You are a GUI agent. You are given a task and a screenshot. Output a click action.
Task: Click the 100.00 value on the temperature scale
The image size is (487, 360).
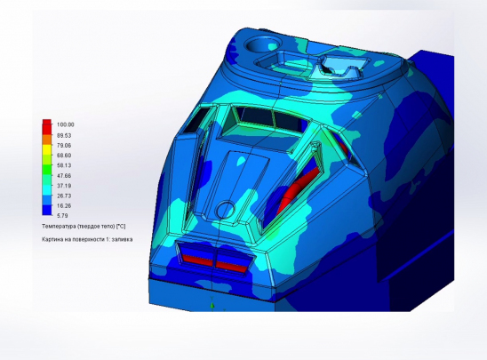(65, 124)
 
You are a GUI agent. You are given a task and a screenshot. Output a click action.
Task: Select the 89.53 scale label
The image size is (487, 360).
(64, 135)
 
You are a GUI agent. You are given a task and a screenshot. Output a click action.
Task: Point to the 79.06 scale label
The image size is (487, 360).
(64, 146)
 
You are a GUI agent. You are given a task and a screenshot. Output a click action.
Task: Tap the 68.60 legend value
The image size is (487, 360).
(64, 156)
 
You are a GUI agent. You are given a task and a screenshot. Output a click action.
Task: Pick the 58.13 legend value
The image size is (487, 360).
(64, 165)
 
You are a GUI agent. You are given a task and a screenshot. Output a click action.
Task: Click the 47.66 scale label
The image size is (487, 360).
(64, 176)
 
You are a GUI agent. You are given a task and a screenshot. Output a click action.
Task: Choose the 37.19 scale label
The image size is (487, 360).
(64, 186)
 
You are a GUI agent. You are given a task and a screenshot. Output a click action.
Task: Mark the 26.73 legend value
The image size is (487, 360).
(64, 196)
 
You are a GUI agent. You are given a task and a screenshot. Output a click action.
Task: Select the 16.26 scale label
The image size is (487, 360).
(64, 205)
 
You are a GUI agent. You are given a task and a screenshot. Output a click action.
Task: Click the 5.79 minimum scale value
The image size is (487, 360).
(62, 215)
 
